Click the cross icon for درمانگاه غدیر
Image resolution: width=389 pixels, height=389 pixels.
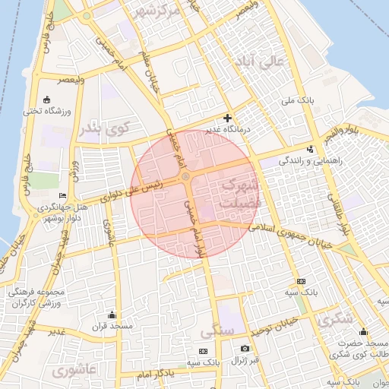click(227, 119)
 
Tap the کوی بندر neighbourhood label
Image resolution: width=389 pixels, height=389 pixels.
click(103, 128)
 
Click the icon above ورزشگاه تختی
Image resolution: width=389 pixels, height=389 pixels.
click(47, 100)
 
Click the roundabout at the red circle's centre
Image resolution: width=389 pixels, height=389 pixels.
click(185, 178)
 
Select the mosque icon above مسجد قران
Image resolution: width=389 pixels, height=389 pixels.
click(112, 315)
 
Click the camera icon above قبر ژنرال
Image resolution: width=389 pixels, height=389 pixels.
click(245, 348)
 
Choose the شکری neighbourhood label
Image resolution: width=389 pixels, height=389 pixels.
click(336, 320)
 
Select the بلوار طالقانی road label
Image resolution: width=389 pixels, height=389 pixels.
click(340, 213)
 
